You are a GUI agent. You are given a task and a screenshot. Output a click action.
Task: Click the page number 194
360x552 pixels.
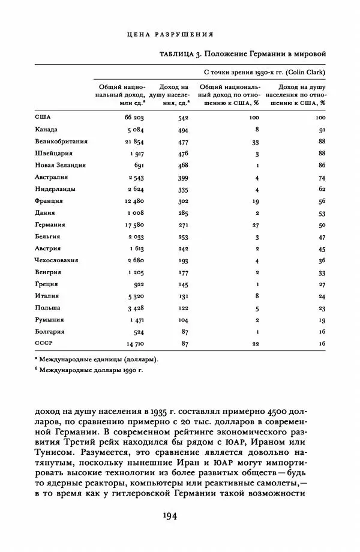point(179,517)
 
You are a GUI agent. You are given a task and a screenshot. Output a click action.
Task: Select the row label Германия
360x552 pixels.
point(52,224)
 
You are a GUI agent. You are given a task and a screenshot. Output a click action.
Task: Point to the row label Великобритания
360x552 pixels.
point(61,141)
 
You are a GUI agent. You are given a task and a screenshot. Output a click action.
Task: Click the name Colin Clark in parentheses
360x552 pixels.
point(305,72)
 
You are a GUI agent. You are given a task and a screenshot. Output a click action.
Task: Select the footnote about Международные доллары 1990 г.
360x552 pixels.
point(86,370)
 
